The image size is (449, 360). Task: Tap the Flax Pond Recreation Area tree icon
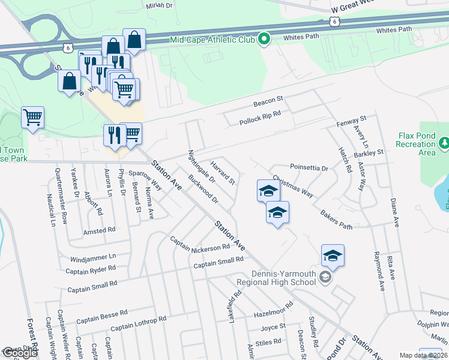coord(445,143)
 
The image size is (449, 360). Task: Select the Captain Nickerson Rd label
coord(200,244)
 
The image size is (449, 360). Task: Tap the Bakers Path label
coord(336,219)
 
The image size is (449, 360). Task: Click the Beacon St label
coord(267,100)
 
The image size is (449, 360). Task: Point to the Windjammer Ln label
coord(93,256)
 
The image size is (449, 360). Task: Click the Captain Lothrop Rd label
coord(138,323)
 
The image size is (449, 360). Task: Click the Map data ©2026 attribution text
coord(424,355)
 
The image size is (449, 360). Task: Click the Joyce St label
coord(273,328)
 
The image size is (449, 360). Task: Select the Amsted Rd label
coord(99,230)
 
